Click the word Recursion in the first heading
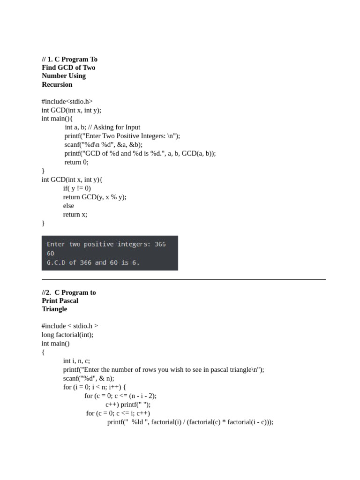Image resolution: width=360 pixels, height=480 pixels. pyautogui.click(x=57, y=84)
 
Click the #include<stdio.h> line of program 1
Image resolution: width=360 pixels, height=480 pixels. pyautogui.click(x=67, y=101)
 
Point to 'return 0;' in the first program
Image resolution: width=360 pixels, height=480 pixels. pyautogui.click(x=76, y=162)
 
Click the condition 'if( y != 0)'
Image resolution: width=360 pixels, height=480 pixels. pyautogui.click(x=77, y=188)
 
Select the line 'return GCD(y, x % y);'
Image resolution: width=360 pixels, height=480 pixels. pyautogui.click(x=95, y=197)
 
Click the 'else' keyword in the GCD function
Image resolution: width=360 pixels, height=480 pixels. pyautogui.click(x=68, y=206)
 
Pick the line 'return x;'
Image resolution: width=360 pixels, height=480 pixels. pyautogui.click(x=75, y=214)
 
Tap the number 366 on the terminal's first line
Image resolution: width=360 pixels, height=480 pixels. pyautogui.click(x=159, y=244)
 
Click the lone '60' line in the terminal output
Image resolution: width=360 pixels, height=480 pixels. pyautogui.click(x=51, y=253)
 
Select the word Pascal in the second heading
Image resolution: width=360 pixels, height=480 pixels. pyautogui.click(x=68, y=300)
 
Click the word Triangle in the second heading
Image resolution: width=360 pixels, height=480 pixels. pyautogui.click(x=54, y=309)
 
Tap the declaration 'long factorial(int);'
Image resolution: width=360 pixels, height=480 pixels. pyautogui.click(x=67, y=335)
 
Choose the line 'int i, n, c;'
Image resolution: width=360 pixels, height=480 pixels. pyautogui.click(x=76, y=361)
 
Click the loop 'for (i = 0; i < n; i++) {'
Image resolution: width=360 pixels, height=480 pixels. pyautogui.click(x=95, y=387)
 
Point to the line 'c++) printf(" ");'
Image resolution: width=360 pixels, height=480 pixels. pyautogui.click(x=128, y=405)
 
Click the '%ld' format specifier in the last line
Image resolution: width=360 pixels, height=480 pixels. pyautogui.click(x=136, y=422)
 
